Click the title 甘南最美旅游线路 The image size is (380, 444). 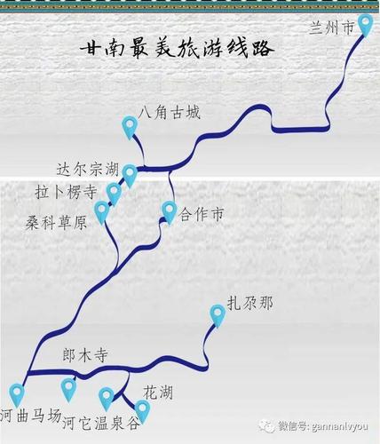(177, 48)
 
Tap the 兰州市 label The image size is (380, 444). (332, 28)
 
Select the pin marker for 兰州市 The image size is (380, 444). (365, 25)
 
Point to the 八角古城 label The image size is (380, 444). (170, 113)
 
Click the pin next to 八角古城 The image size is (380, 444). (130, 127)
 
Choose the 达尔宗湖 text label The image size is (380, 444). (88, 170)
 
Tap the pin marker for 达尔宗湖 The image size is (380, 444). (130, 176)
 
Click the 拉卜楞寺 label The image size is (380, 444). (66, 192)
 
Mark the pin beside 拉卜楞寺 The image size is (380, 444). (114, 194)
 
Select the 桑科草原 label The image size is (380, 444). (56, 222)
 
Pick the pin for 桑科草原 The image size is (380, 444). (101, 211)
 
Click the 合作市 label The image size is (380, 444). (202, 214)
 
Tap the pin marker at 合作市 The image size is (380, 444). (170, 212)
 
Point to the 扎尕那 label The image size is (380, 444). (250, 303)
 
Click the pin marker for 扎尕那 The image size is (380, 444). (218, 315)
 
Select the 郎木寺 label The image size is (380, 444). (85, 355)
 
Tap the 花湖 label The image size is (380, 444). (158, 392)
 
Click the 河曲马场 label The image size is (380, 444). (31, 416)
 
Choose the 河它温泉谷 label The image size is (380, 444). (100, 423)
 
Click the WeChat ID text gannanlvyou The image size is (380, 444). (323, 426)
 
